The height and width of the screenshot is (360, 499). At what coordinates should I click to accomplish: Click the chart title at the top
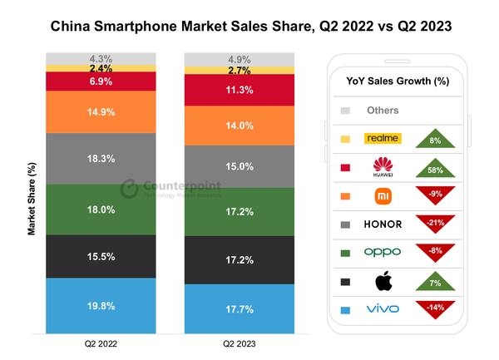(x=249, y=27)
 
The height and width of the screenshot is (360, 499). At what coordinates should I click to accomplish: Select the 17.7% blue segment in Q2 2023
(x=240, y=308)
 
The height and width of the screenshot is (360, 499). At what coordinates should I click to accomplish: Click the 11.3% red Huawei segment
(x=240, y=92)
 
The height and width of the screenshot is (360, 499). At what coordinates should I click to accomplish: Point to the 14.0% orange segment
(x=240, y=126)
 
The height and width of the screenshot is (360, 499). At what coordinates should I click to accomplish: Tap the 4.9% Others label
(x=240, y=60)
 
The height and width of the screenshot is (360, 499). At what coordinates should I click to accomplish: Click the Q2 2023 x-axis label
(x=240, y=343)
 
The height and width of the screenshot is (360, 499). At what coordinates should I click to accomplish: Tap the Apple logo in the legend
(x=383, y=280)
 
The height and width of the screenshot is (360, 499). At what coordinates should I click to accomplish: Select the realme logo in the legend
(x=383, y=139)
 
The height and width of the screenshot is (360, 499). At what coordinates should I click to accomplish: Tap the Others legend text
(x=383, y=110)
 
